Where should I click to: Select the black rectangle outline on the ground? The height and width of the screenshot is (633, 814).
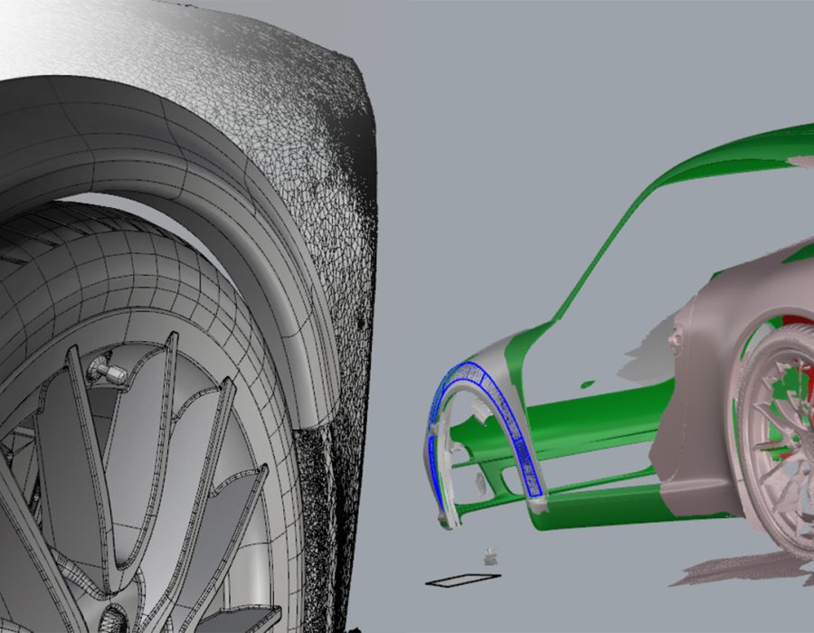tap(462, 580)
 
